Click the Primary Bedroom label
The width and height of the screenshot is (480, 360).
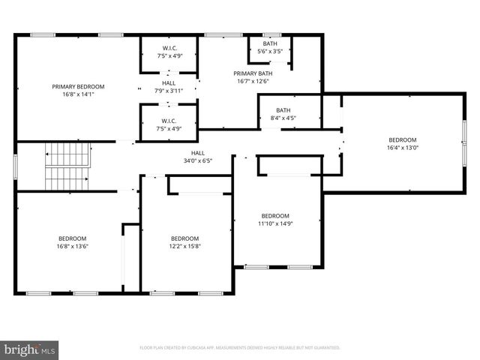(x=78, y=87)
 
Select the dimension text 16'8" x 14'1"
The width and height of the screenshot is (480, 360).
(x=78, y=95)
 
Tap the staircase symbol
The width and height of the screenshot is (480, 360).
(x=67, y=166)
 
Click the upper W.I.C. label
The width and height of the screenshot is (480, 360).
(x=169, y=48)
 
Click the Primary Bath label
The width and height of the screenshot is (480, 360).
(x=254, y=73)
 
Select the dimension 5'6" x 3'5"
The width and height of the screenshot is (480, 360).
(x=270, y=52)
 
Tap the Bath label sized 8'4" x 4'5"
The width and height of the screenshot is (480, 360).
(x=283, y=110)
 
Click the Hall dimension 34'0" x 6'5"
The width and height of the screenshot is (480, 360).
(x=197, y=160)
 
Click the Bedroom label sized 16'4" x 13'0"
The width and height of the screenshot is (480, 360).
(x=402, y=139)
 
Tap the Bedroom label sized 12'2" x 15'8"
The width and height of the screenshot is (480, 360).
(x=185, y=238)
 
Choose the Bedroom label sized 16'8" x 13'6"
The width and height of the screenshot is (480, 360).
(x=73, y=238)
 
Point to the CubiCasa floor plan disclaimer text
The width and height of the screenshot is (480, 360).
(x=240, y=348)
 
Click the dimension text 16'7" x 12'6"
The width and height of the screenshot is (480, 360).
(x=254, y=82)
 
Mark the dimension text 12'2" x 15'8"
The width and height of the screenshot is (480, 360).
(x=185, y=246)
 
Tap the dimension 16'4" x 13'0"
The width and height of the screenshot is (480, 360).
(x=402, y=148)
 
